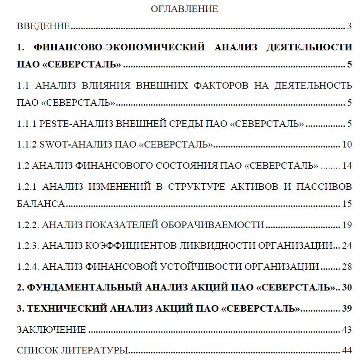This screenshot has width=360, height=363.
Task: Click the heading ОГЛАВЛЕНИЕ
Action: [x=185, y=9]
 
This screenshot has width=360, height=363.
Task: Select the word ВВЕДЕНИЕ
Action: [x=43, y=26]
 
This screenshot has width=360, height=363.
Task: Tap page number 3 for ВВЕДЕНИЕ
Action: [x=349, y=26]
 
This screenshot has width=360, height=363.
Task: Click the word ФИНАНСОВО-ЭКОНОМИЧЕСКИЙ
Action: [x=119, y=47]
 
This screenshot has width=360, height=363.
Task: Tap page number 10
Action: [x=347, y=145]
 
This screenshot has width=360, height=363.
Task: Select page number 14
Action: [x=347, y=166]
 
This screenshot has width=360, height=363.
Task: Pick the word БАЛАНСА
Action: [x=40, y=204]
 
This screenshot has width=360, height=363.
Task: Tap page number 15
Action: [x=347, y=204]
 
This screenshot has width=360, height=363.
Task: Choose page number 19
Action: [x=347, y=225]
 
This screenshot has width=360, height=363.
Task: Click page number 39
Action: [x=347, y=309]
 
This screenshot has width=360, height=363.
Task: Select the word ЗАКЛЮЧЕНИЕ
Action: [x=51, y=330]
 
